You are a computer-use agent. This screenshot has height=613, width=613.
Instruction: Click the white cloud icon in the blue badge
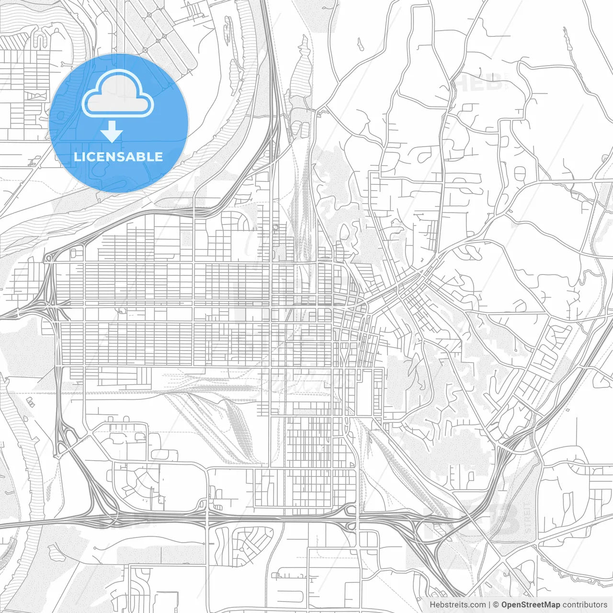[x=118, y=93]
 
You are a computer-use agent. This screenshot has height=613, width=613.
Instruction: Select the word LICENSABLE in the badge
[x=118, y=157]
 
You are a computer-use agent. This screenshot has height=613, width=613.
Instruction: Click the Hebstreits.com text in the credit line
[x=457, y=605]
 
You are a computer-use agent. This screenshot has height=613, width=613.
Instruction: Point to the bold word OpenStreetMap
[x=531, y=605]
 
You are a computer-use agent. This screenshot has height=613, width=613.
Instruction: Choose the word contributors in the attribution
[x=585, y=605]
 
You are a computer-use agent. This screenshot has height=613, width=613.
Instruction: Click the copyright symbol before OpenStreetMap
[x=496, y=605]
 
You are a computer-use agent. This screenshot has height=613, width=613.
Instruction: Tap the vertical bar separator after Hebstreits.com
[x=489, y=605]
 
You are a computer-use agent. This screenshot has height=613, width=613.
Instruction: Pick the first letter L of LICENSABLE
[x=77, y=157]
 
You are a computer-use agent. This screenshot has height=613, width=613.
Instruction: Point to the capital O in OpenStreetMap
[x=505, y=605]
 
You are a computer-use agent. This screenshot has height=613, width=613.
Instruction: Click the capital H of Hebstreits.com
[x=432, y=605]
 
